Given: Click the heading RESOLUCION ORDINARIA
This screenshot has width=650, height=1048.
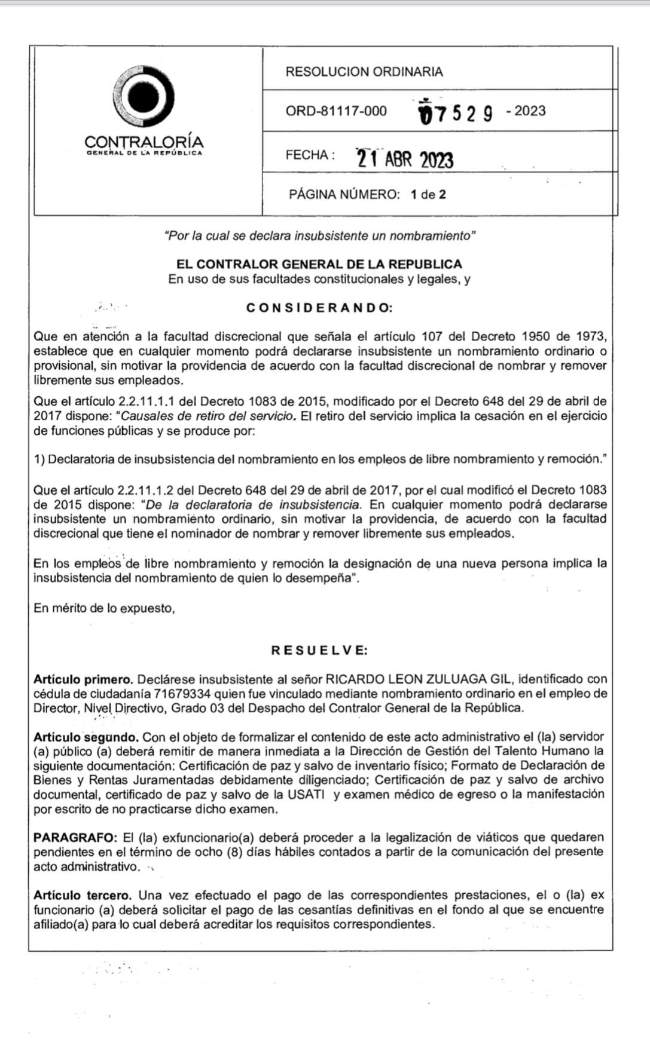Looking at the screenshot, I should tap(364, 72).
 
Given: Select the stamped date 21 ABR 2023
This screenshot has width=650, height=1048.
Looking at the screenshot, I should tap(405, 158).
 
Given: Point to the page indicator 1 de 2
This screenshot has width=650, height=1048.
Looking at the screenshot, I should tap(428, 194).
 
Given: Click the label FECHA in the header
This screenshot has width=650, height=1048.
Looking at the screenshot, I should tap(307, 155).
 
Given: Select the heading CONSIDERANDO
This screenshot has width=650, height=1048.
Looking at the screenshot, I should tap(319, 308).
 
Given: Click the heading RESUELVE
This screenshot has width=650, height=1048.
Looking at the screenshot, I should tap(319, 650).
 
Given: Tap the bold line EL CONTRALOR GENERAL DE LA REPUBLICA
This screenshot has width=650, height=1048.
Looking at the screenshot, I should tap(319, 264).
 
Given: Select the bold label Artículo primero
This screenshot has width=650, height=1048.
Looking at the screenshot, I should tap(83, 679).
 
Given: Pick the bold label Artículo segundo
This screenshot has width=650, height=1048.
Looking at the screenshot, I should tap(86, 737).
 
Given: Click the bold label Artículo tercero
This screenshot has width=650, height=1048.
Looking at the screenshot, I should tap(83, 896).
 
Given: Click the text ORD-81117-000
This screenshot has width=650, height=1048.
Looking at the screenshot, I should tap(336, 111).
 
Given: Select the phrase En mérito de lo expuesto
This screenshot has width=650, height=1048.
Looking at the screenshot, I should tap(104, 609).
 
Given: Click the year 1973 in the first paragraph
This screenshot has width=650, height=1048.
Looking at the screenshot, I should tap(591, 337).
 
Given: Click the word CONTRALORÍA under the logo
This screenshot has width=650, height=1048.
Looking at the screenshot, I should tap(144, 142).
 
